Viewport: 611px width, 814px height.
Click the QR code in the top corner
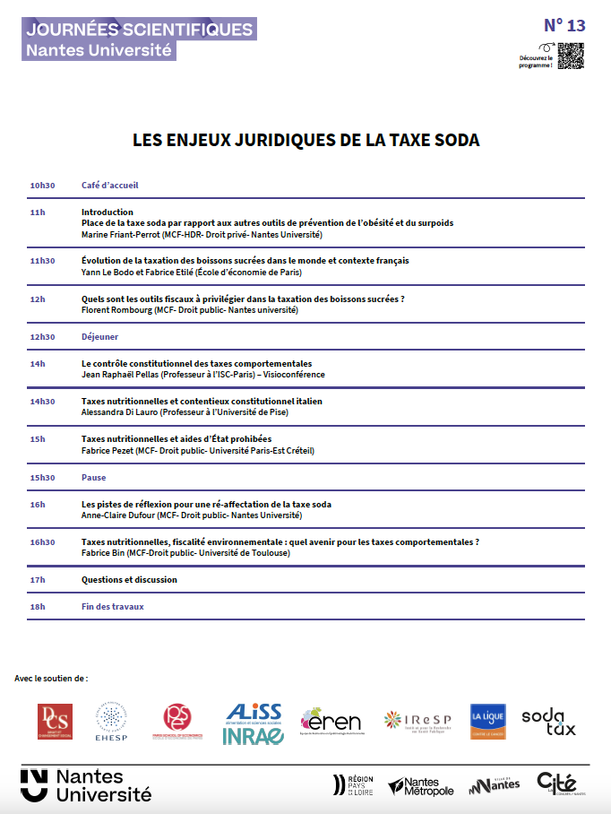[571, 56]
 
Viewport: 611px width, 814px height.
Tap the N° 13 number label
[564, 25]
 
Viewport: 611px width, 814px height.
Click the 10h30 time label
[42, 186]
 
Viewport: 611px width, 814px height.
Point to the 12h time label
[37, 299]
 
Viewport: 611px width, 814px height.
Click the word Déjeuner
[99, 337]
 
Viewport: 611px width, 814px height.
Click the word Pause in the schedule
[93, 478]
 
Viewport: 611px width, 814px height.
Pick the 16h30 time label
[42, 542]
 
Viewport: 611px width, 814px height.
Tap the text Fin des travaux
[112, 607]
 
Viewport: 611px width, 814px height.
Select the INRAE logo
[254, 735]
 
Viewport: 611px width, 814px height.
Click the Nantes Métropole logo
[421, 786]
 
